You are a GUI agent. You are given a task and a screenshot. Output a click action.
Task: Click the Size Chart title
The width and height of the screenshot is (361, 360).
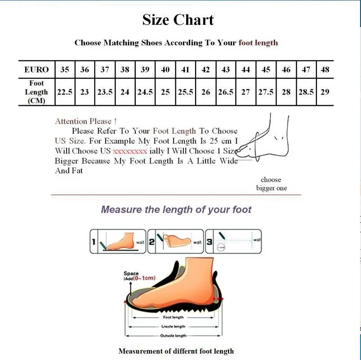point(178,20)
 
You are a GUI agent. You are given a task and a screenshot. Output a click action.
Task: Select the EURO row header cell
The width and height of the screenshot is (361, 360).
point(36,70)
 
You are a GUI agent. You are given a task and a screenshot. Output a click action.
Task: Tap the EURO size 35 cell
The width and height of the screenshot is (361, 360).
point(65,70)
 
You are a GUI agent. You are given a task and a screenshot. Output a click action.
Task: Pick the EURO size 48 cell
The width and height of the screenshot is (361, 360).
point(325,70)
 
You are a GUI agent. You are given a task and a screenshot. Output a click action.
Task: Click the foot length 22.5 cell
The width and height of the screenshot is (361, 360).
point(65,92)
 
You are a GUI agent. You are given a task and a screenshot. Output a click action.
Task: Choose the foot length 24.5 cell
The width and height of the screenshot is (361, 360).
point(145,92)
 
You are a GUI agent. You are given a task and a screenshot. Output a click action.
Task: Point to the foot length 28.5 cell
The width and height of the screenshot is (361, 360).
point(306,92)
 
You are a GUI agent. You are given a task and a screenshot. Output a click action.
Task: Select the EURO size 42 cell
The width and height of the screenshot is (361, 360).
point(205,70)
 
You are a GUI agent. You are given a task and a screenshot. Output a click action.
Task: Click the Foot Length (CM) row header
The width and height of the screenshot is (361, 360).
point(36,92)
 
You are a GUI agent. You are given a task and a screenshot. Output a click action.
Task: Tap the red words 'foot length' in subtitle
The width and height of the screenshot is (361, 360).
point(258,43)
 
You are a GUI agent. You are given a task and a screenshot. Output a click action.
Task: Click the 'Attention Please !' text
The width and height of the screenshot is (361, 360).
point(86,121)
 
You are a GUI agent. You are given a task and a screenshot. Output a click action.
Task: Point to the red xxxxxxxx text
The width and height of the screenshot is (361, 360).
point(129,151)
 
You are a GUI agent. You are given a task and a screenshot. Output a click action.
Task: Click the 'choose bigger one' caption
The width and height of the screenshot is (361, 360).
point(271,184)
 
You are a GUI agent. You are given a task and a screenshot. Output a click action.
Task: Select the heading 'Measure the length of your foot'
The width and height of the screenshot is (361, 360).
point(176,209)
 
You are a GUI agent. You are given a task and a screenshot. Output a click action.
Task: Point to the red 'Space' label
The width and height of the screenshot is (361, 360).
point(131,273)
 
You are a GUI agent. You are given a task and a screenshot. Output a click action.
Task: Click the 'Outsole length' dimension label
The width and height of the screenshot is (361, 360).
point(173,336)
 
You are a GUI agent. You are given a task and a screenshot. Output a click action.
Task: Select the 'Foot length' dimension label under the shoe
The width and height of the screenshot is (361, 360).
point(173,317)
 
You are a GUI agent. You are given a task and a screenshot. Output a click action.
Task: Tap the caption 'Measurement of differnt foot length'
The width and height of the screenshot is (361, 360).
point(176,351)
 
